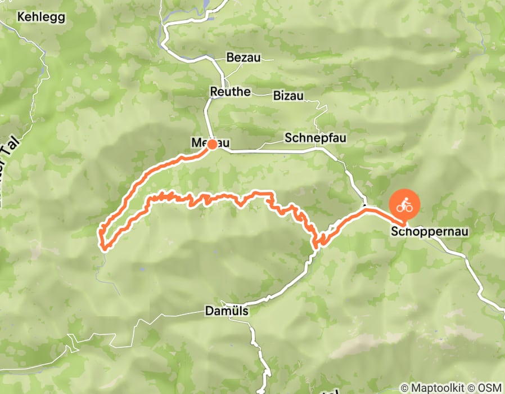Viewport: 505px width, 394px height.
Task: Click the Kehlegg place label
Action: (x=41, y=17)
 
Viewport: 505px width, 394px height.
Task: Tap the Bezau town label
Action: (x=244, y=57)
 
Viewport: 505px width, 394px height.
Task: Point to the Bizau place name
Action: (x=288, y=96)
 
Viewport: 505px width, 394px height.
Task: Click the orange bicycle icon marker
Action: (x=404, y=206)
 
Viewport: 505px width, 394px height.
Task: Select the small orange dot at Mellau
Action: (x=213, y=145)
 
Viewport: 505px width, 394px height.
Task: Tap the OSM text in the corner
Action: (x=489, y=387)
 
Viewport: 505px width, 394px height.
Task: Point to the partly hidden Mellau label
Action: (x=199, y=144)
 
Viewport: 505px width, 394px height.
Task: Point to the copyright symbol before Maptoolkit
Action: (x=405, y=387)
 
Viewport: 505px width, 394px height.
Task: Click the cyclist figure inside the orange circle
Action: (x=404, y=206)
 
